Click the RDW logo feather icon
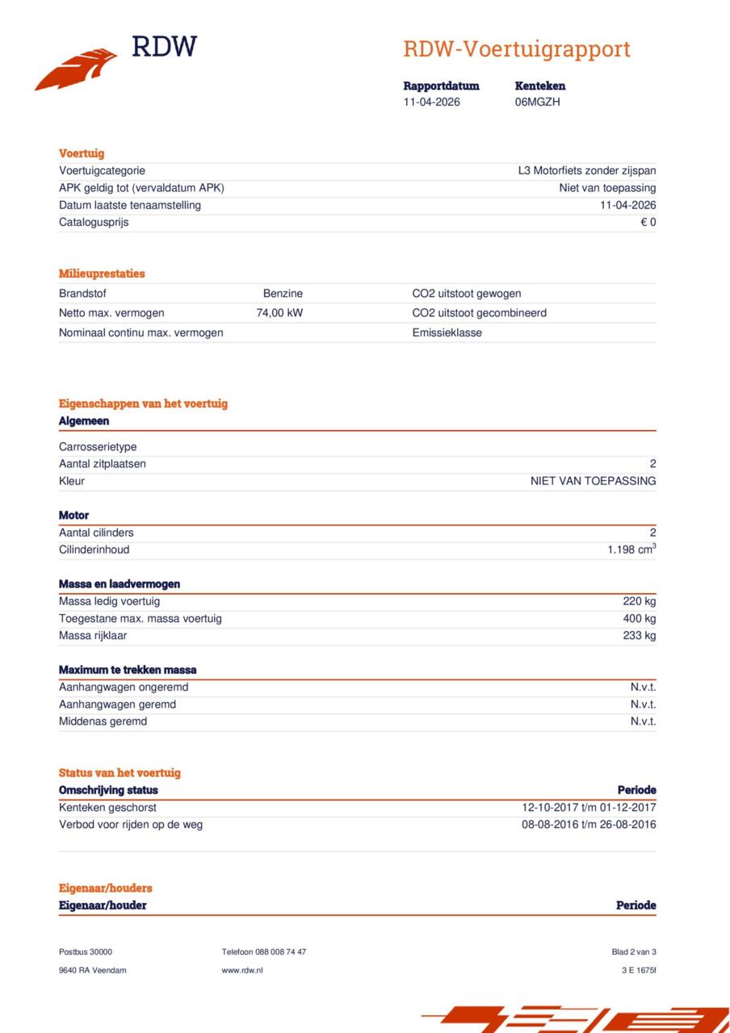(76, 69)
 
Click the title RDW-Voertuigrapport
(517, 49)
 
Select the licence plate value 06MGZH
(537, 102)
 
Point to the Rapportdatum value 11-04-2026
(432, 102)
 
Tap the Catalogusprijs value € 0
(648, 222)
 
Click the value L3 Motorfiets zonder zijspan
(587, 171)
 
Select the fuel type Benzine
(283, 294)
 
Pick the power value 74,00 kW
(279, 313)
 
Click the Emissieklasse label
(447, 332)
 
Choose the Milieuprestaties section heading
(102, 274)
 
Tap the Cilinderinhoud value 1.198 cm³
(631, 550)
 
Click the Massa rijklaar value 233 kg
(640, 636)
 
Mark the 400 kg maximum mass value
(640, 619)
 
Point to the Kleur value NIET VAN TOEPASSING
(593, 481)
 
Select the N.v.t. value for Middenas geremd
(643, 721)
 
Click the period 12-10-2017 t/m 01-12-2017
(589, 808)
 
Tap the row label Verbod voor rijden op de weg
(131, 825)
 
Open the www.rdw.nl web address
(242, 970)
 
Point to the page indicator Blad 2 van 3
(634, 952)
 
